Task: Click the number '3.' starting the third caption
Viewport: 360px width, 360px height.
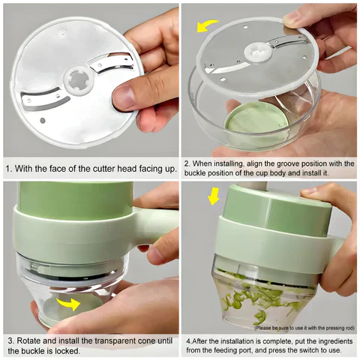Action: pos(9,338)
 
